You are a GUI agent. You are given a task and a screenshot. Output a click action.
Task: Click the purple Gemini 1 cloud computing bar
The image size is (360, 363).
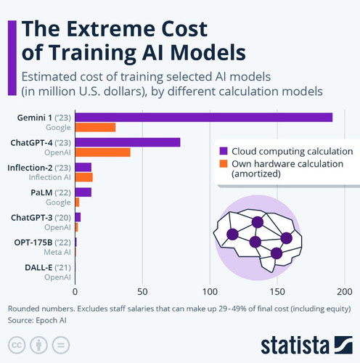coord(204,118)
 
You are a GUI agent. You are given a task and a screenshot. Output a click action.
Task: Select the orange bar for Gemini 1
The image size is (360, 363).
coord(95,127)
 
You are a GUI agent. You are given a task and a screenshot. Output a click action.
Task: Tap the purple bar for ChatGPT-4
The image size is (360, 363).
coord(128,142)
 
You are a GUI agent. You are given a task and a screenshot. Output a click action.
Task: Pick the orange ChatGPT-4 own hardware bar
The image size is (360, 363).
coord(103,152)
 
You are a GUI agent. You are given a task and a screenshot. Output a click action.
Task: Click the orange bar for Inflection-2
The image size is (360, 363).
coord(84,177)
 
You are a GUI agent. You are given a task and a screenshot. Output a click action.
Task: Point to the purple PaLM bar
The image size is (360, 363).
coord(83,192)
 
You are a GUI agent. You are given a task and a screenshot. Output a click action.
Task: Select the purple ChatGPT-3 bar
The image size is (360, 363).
coord(78,217)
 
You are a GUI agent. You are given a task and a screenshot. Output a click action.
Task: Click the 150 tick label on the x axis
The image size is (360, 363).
coord(277,292)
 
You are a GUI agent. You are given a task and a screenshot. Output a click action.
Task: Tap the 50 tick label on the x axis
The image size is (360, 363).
coord(142,292)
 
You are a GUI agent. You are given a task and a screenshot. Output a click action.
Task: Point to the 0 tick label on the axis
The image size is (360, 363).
coord(75,292)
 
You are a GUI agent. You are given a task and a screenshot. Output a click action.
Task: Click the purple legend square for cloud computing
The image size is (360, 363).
coord(224,151)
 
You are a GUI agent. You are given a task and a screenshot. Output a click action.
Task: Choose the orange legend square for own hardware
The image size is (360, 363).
coord(224,163)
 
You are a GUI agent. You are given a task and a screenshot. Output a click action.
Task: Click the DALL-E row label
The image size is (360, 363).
coord(48,267)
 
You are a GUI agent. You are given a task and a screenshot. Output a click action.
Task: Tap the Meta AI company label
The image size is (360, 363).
coord(57,252)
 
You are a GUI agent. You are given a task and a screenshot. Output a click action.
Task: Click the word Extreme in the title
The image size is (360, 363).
coord(111,29)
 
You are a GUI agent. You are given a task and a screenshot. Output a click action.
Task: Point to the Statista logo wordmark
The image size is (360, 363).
coord(295,344)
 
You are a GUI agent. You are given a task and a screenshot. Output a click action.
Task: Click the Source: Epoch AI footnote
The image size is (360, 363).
coord(37,320)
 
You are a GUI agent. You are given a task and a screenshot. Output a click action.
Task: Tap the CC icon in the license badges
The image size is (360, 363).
coord(17,345)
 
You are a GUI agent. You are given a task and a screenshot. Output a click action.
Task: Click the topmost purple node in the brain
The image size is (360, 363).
coord(258,222)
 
